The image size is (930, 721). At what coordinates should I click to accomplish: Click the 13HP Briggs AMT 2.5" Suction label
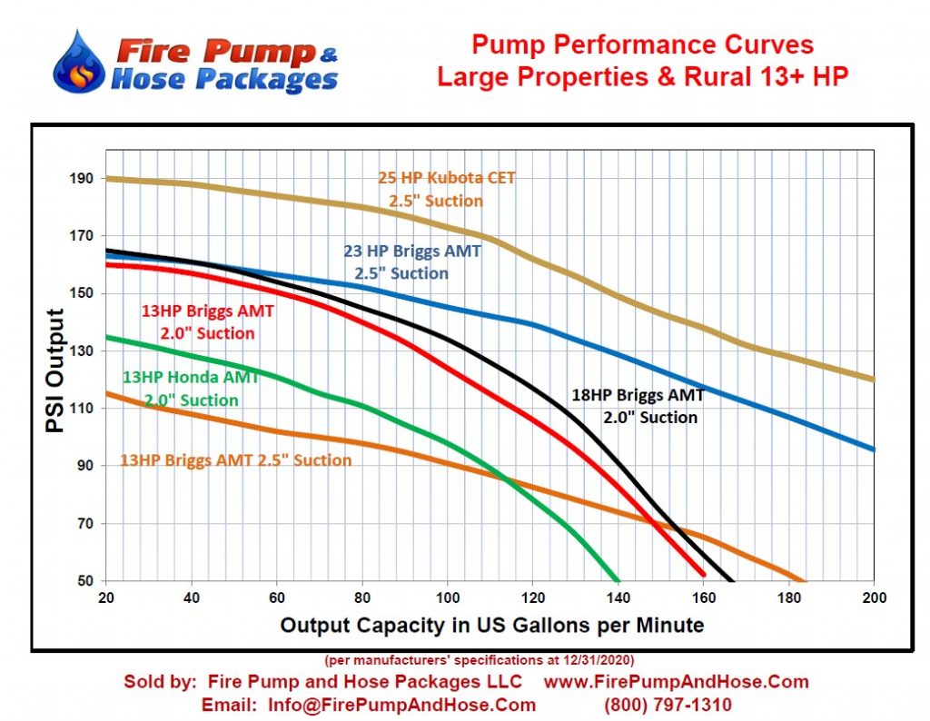(x=235, y=460)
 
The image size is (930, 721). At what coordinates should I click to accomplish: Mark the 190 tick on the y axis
(x=82, y=178)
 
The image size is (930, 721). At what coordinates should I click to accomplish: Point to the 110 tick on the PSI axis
(x=82, y=408)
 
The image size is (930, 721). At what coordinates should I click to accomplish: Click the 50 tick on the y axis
(x=85, y=580)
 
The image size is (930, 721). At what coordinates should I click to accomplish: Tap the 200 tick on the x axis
(x=874, y=598)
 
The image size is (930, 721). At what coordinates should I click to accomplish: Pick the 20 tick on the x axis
(x=106, y=598)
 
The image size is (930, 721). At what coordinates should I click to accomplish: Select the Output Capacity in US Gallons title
(x=491, y=626)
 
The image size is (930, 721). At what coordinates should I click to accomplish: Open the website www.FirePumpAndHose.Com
(x=676, y=681)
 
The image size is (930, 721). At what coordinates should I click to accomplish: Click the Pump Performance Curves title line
(x=643, y=44)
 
